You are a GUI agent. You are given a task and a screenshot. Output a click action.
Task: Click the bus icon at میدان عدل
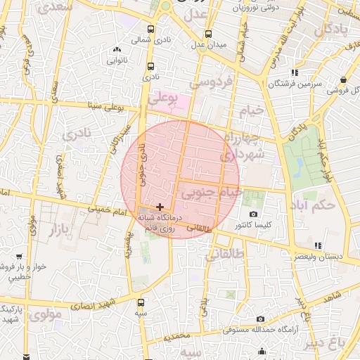point(208,34)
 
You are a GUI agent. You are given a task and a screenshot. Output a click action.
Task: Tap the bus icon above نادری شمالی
point(151,30)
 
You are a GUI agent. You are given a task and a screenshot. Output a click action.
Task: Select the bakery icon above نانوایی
point(117,50)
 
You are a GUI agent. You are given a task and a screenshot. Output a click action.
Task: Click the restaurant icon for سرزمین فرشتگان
point(295,72)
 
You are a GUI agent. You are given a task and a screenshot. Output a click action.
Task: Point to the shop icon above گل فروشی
point(342,80)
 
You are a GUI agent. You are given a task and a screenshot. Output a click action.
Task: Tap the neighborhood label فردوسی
point(211,83)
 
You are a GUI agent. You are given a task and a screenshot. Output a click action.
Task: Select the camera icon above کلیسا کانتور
point(254,214)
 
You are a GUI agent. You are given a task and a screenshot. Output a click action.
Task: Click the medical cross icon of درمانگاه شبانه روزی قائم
point(161,207)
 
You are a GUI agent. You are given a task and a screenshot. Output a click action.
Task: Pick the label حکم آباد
point(311,206)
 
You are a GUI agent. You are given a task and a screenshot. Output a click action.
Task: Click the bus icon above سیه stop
point(141,302)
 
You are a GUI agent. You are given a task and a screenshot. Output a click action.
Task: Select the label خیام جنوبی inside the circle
point(211,191)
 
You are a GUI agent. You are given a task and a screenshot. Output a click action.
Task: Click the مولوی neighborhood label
point(48,314)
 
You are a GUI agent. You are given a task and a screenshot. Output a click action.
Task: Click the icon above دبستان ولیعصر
point(319,245)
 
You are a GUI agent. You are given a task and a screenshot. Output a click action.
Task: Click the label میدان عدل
point(210,45)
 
